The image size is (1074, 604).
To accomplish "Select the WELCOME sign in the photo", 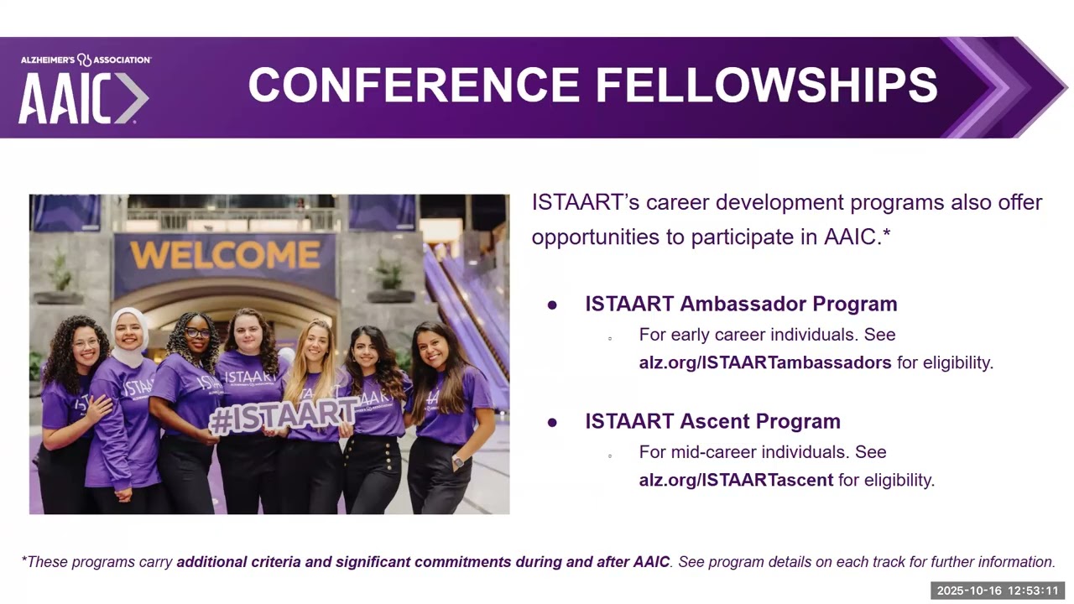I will coord(225,255).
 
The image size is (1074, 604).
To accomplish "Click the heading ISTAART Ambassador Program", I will coord(741,304).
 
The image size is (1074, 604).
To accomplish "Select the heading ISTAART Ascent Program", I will coord(712,421).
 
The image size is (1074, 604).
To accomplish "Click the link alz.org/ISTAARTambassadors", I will coord(764,362).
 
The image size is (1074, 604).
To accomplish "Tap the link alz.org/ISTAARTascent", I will coord(736,480).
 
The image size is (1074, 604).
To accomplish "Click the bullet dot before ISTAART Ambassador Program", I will coord(552,305).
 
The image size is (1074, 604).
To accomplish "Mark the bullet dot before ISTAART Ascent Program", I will coord(552,423).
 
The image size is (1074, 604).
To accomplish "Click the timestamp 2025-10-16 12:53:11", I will coord(998,591).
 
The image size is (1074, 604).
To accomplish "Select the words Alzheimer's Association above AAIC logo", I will coord(86,60).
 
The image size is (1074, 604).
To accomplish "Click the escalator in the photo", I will coord(470,310).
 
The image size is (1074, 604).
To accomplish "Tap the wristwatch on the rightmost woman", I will coord(457,462).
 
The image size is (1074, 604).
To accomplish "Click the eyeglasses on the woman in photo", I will coord(197,333).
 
